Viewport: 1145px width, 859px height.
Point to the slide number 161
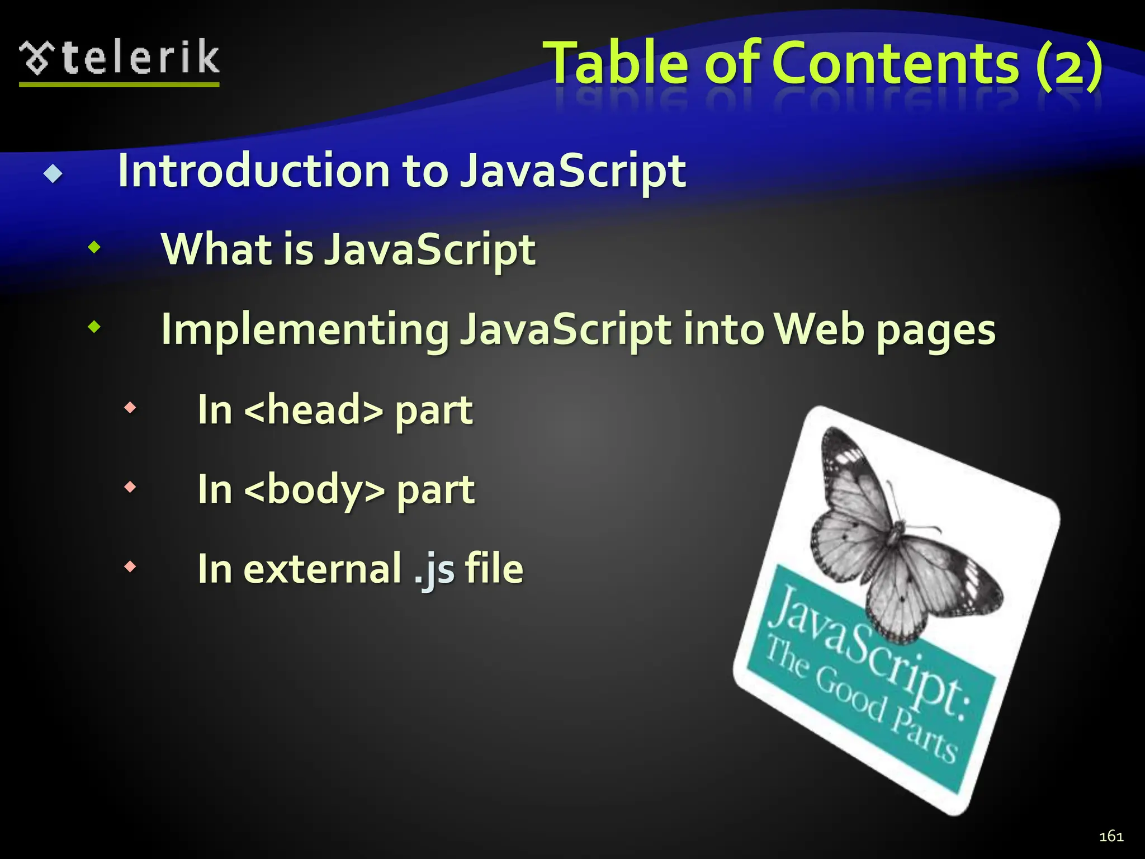1111,836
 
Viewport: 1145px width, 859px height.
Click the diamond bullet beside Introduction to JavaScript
53,174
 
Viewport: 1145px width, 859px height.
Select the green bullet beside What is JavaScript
94,247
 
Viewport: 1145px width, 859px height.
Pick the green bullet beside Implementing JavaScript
94,327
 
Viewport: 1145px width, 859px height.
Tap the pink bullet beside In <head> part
130,408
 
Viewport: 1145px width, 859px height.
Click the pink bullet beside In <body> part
130,487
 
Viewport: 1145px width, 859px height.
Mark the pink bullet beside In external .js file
130,567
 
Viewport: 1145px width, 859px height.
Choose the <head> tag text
314,409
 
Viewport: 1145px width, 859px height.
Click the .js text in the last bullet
434,569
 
